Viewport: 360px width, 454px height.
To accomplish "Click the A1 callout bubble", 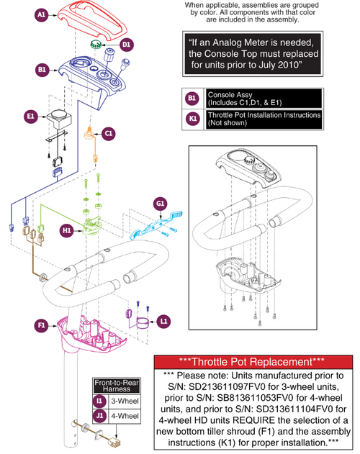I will (x=42, y=14).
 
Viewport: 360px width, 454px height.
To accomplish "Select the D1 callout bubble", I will (x=126, y=45).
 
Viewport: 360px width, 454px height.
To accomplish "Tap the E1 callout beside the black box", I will (x=31, y=114).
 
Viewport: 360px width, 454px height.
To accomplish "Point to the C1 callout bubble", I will (x=108, y=133).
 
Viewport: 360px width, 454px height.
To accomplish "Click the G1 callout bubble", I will (x=160, y=204).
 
